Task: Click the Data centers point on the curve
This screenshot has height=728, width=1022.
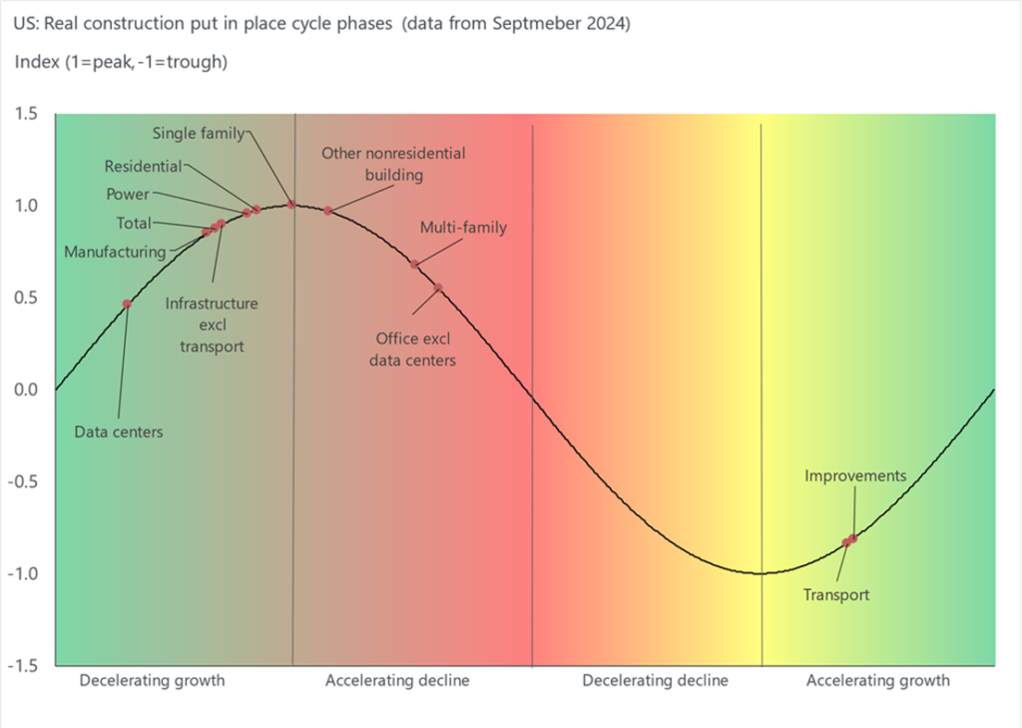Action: pos(127,304)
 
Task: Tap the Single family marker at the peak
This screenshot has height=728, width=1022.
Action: pos(291,205)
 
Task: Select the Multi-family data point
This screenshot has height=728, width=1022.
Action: pos(414,265)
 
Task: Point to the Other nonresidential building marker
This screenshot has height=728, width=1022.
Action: pos(327,211)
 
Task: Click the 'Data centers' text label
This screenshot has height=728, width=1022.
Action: pos(118,432)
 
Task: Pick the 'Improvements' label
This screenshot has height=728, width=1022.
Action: pos(855,475)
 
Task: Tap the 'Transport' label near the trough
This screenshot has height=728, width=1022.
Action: pos(836,595)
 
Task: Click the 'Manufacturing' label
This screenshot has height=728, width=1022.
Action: pos(114,253)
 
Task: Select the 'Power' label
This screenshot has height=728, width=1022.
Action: pos(128,194)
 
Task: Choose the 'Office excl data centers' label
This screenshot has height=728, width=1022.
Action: pos(412,350)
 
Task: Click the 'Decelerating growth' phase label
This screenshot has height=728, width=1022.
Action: pos(152,681)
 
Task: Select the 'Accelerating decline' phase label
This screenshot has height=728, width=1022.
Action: pos(397,681)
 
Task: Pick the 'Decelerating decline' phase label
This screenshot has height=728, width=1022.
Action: pos(655,681)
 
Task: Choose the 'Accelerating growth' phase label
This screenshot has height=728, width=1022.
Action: pos(877,681)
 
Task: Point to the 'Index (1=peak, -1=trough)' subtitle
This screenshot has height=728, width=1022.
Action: pos(121,62)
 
